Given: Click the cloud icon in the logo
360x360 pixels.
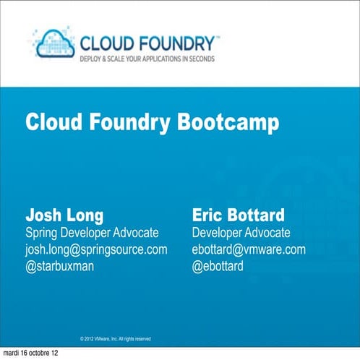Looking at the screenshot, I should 55,41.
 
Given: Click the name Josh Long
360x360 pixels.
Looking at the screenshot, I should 64,215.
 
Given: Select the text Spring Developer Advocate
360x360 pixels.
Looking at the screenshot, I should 92,233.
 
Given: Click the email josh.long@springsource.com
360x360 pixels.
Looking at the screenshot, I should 96,249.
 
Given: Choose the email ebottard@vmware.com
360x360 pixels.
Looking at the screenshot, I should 249,249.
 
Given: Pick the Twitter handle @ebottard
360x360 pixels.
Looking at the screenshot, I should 218,266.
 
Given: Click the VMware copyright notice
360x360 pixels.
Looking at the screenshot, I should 115,338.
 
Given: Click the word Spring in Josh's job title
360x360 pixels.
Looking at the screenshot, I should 42,233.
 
